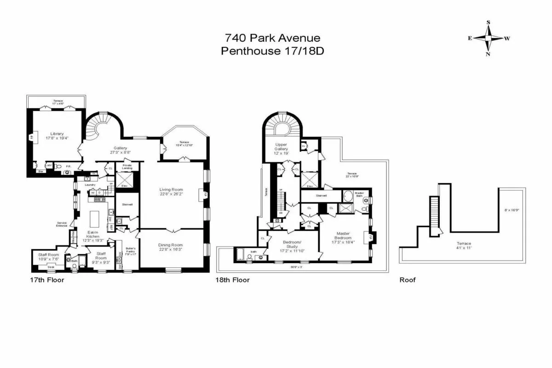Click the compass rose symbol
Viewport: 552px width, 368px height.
489,38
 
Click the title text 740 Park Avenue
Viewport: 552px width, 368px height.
272,38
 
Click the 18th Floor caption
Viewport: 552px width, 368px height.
233,279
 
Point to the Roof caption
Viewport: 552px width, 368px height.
407,279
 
